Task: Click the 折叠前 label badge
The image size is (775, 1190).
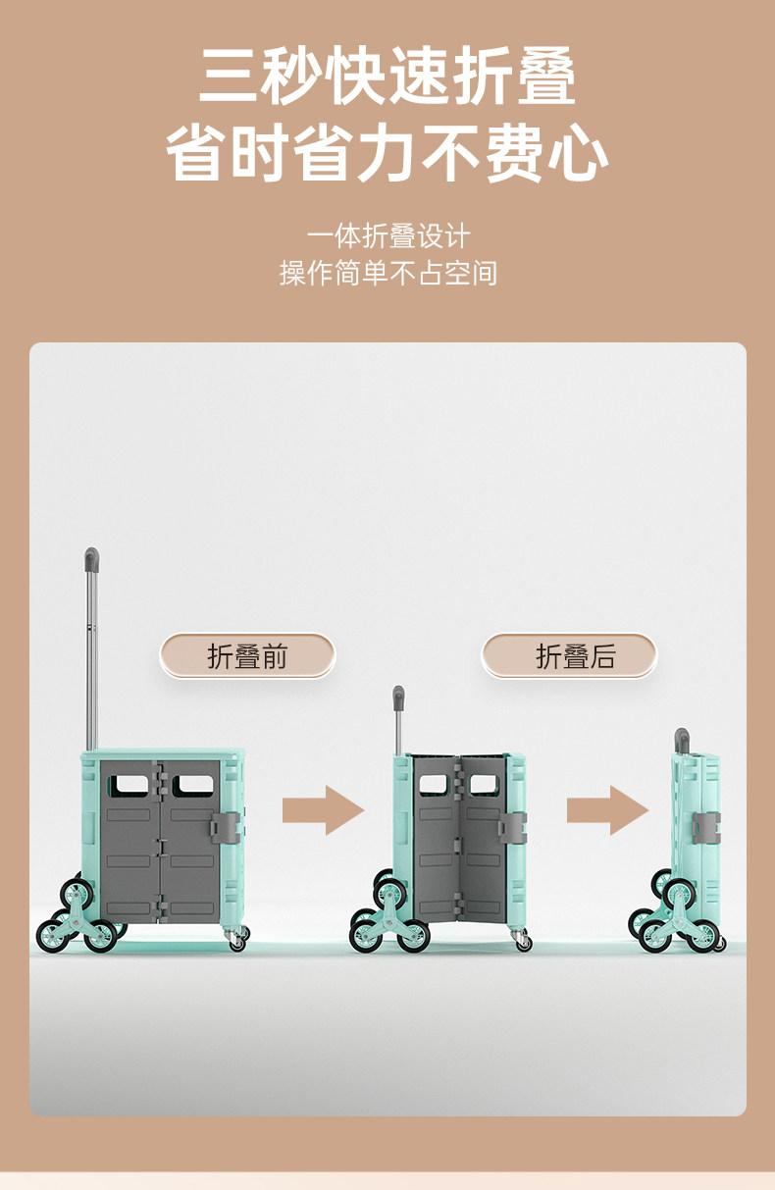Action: click(x=247, y=656)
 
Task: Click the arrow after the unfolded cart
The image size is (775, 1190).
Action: click(x=323, y=810)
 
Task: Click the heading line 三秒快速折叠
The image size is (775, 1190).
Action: click(x=387, y=77)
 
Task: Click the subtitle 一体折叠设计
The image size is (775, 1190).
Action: click(x=387, y=236)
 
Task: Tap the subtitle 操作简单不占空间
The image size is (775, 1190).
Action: click(x=387, y=273)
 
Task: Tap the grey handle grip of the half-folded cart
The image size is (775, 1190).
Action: click(x=398, y=698)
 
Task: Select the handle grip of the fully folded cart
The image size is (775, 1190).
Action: click(x=682, y=739)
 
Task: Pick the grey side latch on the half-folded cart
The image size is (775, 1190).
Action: click(x=512, y=826)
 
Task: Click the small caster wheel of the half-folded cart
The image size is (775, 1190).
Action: click(x=523, y=942)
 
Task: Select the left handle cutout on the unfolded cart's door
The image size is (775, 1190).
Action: click(x=126, y=785)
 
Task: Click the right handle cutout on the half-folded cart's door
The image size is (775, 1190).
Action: click(x=483, y=785)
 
